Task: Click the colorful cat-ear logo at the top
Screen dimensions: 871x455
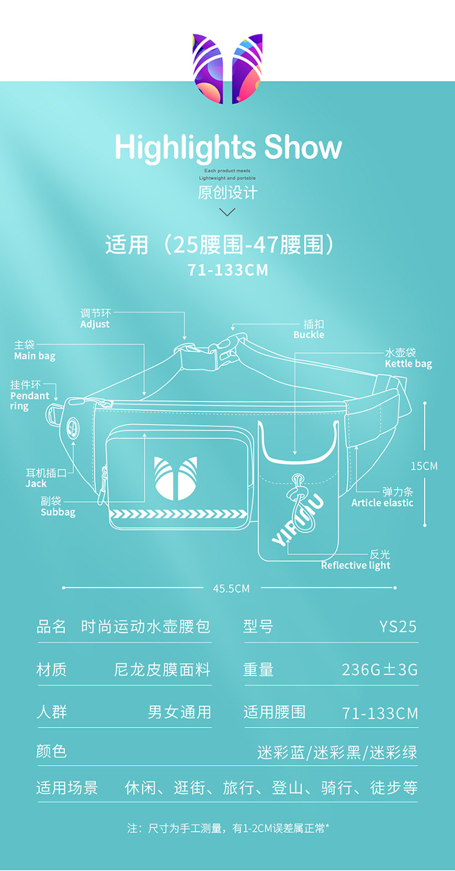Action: click(x=227, y=68)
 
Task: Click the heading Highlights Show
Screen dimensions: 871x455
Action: click(x=228, y=148)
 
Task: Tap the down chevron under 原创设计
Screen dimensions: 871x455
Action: click(x=227, y=212)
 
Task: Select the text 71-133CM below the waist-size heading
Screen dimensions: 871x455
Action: click(x=227, y=270)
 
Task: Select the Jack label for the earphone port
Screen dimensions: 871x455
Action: click(x=36, y=483)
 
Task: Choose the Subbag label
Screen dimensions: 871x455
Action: click(x=58, y=512)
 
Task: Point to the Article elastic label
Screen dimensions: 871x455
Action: click(x=382, y=503)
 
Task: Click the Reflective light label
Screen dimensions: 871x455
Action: click(x=356, y=565)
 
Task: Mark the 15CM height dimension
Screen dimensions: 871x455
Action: click(x=424, y=466)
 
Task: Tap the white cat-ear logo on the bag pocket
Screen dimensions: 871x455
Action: click(x=175, y=479)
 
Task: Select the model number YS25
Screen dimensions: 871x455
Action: click(x=398, y=627)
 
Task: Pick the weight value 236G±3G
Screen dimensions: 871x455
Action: click(x=380, y=670)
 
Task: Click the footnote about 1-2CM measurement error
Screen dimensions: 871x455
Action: click(x=228, y=828)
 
